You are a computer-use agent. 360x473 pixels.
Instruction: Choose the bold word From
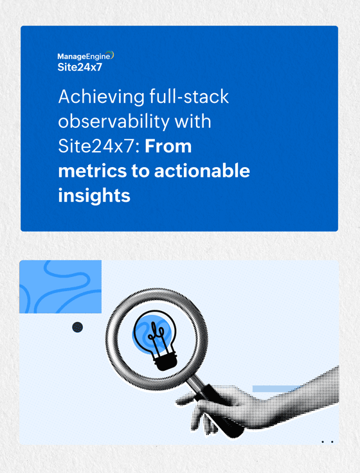coord(168,147)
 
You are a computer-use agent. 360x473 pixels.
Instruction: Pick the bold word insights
coord(94,195)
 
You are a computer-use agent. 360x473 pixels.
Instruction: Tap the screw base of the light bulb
coord(165,362)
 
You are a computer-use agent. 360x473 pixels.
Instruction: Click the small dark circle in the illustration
coord(78,328)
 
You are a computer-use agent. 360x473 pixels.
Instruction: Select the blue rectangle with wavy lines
coord(60,287)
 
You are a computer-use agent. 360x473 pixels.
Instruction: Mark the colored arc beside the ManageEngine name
coord(113,56)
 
